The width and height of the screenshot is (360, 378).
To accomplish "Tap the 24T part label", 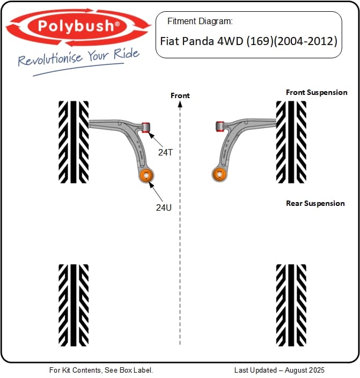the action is [166, 152].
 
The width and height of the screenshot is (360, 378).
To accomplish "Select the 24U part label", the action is [164, 207].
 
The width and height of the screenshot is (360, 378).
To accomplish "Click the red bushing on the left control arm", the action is [145, 128].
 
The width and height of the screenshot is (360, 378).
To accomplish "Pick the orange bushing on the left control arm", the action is [146, 175].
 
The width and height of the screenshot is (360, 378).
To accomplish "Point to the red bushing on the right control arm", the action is [219, 127].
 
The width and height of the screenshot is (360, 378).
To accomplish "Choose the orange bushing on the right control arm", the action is [219, 174].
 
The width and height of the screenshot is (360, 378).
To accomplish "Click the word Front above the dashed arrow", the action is [180, 95].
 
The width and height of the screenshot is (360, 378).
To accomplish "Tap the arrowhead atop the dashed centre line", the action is [180, 104].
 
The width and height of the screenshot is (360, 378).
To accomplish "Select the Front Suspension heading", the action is [317, 92].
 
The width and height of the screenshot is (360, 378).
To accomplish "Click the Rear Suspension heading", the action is [315, 203].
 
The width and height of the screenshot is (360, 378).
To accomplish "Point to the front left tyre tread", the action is [74, 142].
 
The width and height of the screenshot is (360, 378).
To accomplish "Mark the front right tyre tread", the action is [291, 142].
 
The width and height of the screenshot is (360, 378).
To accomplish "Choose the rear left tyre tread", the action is [74, 305].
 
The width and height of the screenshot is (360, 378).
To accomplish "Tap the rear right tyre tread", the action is [291, 305].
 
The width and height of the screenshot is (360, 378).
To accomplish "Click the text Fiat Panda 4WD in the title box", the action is [202, 41].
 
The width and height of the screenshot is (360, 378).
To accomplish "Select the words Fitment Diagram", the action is [200, 21].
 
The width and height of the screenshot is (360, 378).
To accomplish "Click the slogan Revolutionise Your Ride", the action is [79, 57].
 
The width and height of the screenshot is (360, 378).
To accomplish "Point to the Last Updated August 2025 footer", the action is [280, 370].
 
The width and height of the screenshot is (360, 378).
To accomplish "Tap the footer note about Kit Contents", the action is [101, 370].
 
